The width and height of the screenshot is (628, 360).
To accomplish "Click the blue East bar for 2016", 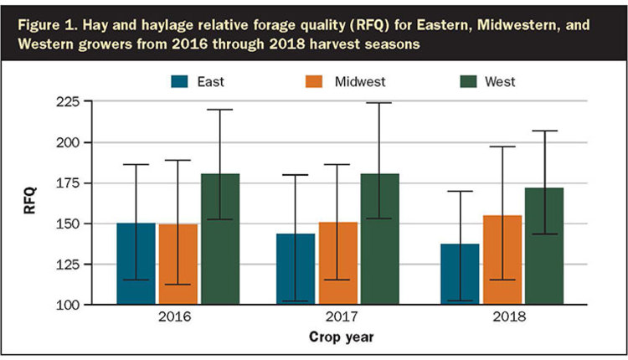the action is click(x=136, y=264).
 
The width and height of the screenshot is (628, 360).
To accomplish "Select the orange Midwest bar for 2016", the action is click(x=178, y=265).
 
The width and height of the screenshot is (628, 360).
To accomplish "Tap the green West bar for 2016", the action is click(x=220, y=239).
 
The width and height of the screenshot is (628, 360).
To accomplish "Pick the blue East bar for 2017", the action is click(x=296, y=269).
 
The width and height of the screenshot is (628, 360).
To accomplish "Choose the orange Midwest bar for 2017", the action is click(x=337, y=264).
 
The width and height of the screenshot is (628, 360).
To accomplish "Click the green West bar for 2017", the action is click(x=379, y=239).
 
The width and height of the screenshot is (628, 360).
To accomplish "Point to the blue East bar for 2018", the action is click(x=460, y=275).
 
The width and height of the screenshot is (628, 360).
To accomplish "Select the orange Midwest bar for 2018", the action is click(x=502, y=260).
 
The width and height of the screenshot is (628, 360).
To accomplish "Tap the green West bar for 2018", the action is click(x=544, y=246).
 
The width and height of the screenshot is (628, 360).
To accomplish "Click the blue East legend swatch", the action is click(x=179, y=82).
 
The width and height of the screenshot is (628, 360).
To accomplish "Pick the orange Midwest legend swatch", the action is click(x=314, y=82).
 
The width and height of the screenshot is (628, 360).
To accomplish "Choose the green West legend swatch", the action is click(x=468, y=82).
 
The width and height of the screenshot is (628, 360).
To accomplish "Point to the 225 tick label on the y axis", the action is click(x=68, y=101).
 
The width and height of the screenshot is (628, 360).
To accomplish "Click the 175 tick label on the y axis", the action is click(x=68, y=183).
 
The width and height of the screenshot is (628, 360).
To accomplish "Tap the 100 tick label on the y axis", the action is click(x=68, y=305).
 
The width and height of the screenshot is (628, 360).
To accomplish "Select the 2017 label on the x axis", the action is click(x=342, y=316).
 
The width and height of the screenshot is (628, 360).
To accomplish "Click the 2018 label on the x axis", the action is click(x=509, y=316).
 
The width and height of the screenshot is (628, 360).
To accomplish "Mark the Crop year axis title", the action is click(x=342, y=337).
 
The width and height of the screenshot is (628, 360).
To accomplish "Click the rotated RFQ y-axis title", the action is click(x=30, y=200).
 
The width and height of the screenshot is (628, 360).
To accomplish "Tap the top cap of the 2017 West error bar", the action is click(x=378, y=103).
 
